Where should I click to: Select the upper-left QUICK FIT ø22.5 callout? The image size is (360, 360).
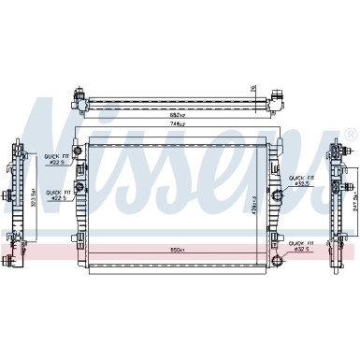(x=52, y=160)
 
